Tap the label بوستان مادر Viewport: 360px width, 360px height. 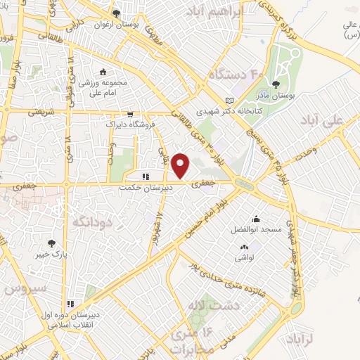point(294,94)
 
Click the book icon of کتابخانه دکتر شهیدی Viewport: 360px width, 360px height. point(229,101)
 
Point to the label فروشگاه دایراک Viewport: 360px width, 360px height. point(130,124)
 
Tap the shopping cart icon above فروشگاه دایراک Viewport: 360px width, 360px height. point(130,114)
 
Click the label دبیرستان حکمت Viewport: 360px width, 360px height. point(145,188)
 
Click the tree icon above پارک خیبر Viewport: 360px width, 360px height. point(52,241)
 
